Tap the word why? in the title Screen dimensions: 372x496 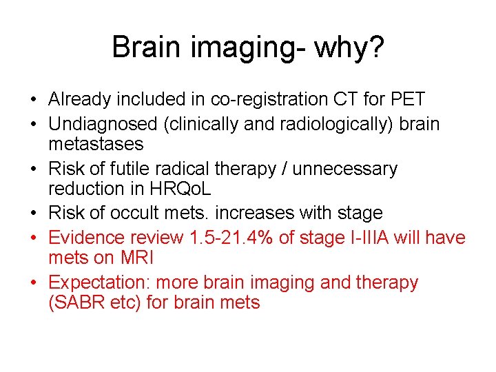349,48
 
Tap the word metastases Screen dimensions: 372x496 96,144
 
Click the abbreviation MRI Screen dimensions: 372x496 135,258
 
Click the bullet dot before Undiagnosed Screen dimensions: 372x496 34,125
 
